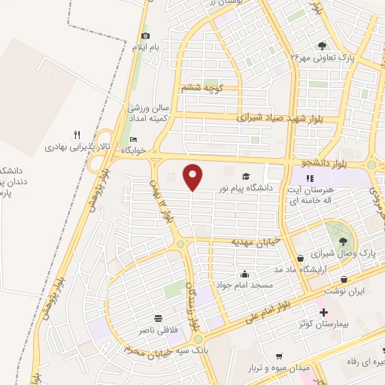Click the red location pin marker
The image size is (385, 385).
point(194,177)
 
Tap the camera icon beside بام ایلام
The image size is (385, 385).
point(145,35)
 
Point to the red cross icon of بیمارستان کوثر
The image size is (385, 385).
point(323,312)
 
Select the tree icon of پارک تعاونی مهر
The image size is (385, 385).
point(323,45)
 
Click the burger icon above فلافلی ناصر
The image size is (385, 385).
point(158,317)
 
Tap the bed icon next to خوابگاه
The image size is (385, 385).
point(134,139)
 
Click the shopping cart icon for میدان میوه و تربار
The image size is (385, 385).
point(279,356)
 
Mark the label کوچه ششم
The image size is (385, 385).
point(199,88)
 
